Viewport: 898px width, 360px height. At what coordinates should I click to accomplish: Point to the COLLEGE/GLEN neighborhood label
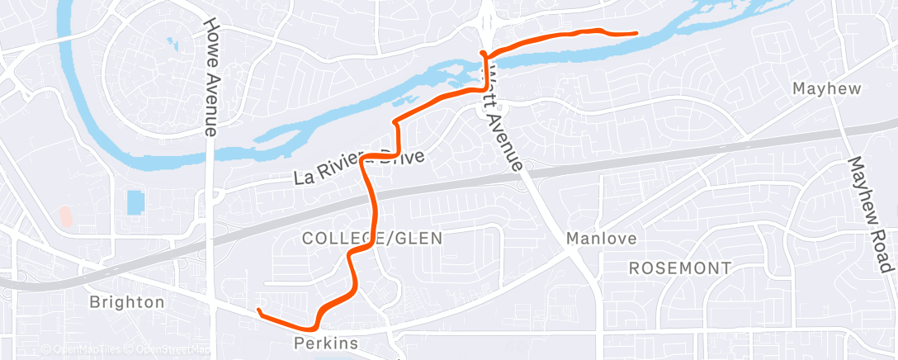[x=372, y=239]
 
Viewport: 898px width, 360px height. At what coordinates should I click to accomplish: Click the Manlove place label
[x=601, y=239]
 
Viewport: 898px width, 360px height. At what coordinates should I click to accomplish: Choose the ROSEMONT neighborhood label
[x=679, y=268]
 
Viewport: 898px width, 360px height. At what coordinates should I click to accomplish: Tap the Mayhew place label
[x=825, y=88]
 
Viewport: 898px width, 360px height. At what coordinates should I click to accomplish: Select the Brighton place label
[x=127, y=302]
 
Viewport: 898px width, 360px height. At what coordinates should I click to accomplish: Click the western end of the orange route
[x=259, y=310]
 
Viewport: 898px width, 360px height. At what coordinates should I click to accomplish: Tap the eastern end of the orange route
[x=636, y=33]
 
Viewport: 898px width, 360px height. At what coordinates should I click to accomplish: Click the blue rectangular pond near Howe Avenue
[x=135, y=201]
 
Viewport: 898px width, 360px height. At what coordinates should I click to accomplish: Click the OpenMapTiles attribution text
[x=81, y=350]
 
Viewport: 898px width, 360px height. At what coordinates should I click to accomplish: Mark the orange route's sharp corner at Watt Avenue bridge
[x=482, y=54]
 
